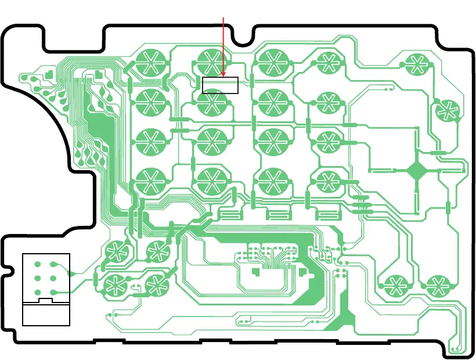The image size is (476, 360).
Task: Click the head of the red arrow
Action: [223, 76]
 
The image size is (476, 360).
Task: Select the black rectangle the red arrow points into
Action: [220, 85]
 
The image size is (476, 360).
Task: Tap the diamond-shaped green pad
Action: [417, 171]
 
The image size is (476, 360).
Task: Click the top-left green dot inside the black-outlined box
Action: [38, 265]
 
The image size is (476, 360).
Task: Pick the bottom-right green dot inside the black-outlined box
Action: [54, 292]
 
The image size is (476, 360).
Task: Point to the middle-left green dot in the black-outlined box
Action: [38, 279]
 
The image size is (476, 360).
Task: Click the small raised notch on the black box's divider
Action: [46, 301]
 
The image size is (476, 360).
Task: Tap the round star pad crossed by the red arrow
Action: [211, 61]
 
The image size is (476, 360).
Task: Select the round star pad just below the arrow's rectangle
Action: [211, 104]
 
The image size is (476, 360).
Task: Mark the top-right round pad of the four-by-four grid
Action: [328, 61]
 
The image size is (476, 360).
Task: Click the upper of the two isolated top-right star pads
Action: [416, 63]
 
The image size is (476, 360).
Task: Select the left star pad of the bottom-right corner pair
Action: [396, 285]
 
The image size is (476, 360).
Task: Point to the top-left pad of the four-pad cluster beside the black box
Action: [116, 251]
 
